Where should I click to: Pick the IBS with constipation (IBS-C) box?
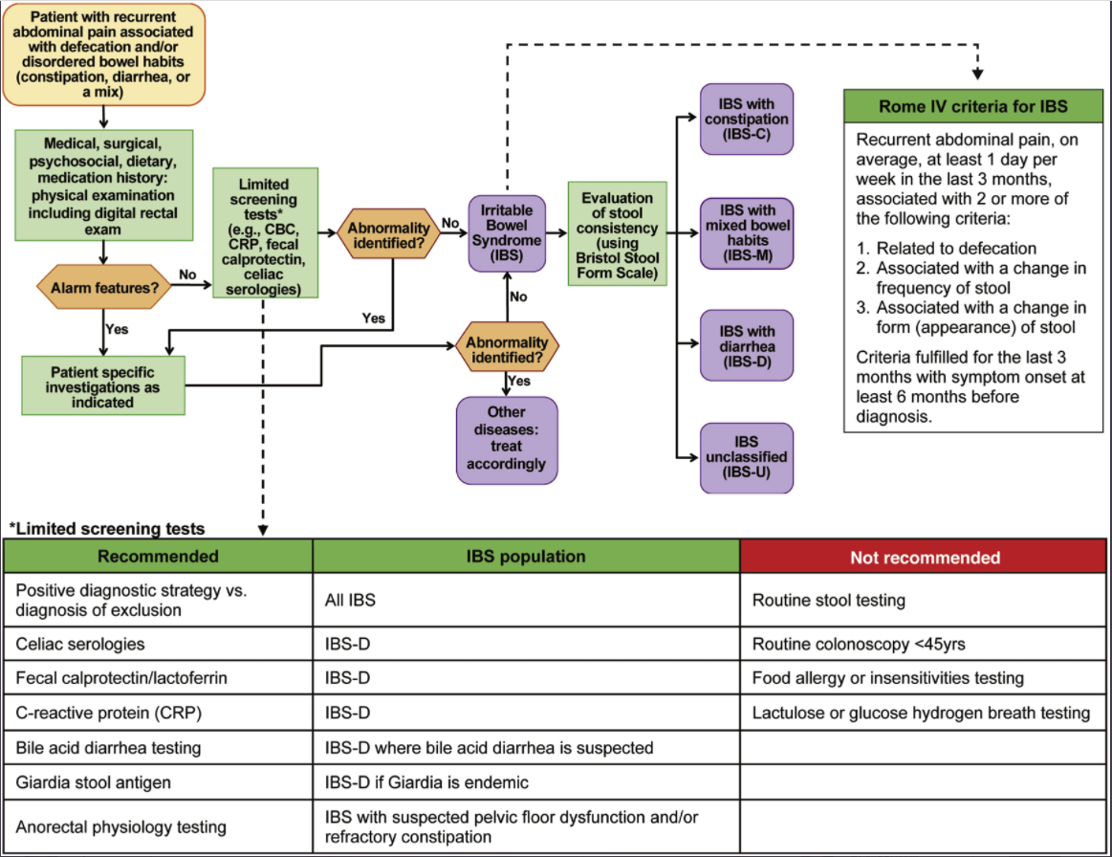746,119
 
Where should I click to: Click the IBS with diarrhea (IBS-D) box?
746,346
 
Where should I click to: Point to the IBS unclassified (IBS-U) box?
746,458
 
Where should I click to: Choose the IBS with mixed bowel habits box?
746,232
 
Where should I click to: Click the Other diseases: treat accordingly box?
506,440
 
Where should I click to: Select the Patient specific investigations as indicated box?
102,386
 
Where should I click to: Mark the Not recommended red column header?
925,557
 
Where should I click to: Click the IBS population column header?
526,557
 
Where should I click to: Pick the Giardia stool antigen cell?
159,782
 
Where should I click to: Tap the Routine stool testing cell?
925,601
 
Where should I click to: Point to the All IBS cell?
526,601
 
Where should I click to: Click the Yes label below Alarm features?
117,328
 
